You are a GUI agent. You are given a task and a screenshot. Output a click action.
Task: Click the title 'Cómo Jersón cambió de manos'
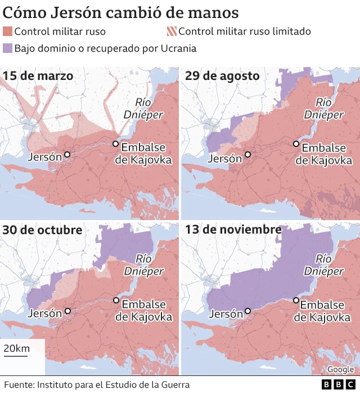(x=120, y=12)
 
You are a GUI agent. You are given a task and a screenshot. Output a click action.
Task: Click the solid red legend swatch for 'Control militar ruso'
(x=7, y=32)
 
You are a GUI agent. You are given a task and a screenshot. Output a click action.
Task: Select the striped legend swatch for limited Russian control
(x=172, y=32)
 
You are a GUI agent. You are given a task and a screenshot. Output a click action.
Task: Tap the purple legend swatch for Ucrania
(x=7, y=48)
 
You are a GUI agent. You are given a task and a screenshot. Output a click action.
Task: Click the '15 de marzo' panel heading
(x=38, y=75)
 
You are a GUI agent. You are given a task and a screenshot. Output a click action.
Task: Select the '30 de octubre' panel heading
(x=42, y=230)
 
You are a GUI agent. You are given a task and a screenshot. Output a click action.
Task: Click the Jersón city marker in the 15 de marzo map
(x=67, y=154)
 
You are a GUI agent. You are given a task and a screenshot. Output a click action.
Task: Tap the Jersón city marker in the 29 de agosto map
(x=247, y=154)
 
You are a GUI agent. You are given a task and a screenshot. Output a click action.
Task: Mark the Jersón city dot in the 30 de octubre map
(x=67, y=311)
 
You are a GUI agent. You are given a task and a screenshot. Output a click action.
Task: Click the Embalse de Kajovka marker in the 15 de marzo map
(x=115, y=144)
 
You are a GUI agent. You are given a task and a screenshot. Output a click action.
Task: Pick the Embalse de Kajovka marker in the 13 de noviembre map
(x=296, y=300)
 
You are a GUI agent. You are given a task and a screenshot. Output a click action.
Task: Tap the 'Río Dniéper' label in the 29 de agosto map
(x=323, y=108)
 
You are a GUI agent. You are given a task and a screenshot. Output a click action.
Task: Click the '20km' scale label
(x=16, y=348)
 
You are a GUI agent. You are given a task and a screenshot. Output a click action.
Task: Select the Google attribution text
(x=340, y=369)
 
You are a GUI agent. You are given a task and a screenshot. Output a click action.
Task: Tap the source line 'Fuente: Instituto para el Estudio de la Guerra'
(x=96, y=384)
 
